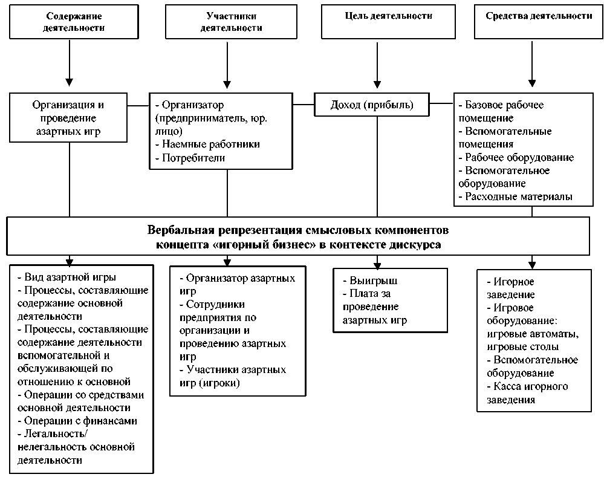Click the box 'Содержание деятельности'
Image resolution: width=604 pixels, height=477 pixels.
click(x=70, y=22)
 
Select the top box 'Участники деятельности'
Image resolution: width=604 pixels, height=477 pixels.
click(x=227, y=22)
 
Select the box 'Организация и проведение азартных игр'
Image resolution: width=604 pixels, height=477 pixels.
click(x=69, y=117)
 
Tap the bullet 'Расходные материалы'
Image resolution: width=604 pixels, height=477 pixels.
click(x=516, y=197)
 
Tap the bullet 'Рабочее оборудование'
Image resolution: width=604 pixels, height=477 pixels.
click(x=518, y=158)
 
